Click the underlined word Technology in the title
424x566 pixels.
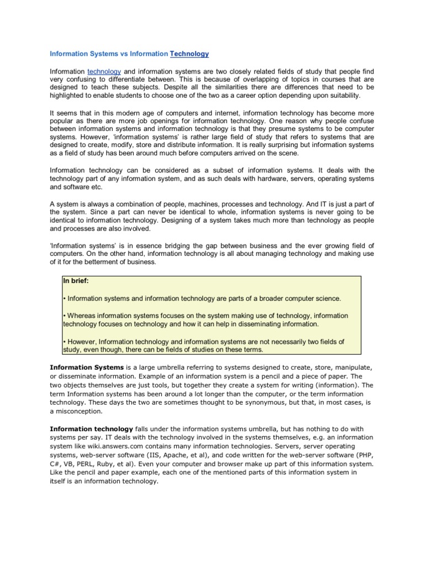click(x=189, y=54)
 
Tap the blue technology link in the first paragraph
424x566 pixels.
click(x=104, y=71)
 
